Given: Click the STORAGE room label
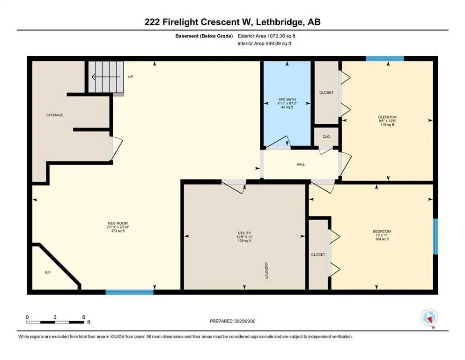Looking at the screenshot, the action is [x=55, y=115].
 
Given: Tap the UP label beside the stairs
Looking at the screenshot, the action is [x=130, y=77].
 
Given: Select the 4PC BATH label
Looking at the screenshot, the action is [x=287, y=99].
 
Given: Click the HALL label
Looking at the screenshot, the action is [x=301, y=164].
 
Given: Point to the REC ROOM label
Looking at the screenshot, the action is [x=118, y=223].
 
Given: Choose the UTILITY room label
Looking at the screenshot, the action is [x=244, y=233].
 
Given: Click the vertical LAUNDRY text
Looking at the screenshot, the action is [x=266, y=270].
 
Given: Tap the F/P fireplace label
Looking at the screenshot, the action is [x=48, y=272].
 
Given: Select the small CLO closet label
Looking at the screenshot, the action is [x=326, y=136].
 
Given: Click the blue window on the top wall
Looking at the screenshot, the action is [x=384, y=59].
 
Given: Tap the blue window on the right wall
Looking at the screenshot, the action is [x=435, y=237].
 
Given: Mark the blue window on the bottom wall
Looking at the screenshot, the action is [x=130, y=292].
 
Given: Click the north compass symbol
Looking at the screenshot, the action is [x=429, y=318].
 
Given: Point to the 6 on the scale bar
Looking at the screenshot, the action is [x=84, y=317].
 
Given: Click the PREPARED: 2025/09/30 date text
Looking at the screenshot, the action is [x=232, y=321].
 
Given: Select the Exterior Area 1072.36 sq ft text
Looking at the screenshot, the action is [x=266, y=36].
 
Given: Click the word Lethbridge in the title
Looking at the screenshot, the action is [x=280, y=22].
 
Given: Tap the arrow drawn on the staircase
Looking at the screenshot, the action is [x=106, y=77].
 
